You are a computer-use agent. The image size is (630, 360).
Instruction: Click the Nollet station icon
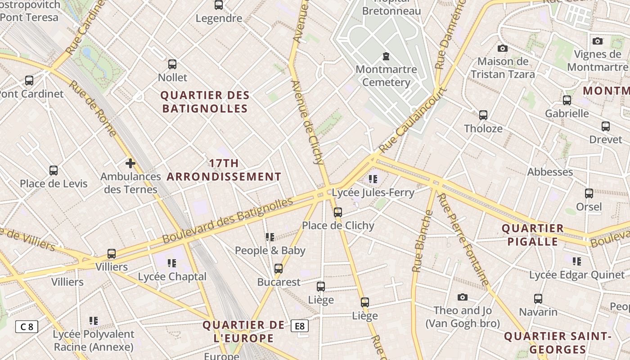[x=172, y=64]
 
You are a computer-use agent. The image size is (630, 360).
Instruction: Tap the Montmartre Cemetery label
[x=386, y=76]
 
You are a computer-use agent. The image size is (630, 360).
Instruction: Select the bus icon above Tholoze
[x=483, y=115]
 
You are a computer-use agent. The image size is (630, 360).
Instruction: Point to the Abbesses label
[x=550, y=172]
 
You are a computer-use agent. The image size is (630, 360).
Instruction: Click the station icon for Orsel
[x=589, y=193]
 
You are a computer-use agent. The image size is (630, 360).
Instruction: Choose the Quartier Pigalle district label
[x=533, y=235]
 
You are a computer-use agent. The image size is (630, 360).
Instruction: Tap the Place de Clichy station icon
[x=337, y=212]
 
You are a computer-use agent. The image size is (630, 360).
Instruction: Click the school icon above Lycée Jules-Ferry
[x=373, y=179]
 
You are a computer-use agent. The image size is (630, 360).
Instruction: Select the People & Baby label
[x=270, y=251]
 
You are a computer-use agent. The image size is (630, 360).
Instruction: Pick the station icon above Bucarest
[x=279, y=269]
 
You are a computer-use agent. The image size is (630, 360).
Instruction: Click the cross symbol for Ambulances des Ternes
[x=130, y=163]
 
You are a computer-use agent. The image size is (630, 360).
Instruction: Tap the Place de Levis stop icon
[x=54, y=171]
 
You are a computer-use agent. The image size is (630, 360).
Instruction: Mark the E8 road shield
[x=300, y=326]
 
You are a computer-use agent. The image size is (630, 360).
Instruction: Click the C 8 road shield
[x=27, y=326]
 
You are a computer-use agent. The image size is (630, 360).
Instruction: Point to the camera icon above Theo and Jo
[x=462, y=297]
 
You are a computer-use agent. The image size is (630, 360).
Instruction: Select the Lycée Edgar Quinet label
[x=571, y=275]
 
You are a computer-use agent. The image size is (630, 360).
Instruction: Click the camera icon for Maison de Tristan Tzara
[x=503, y=48]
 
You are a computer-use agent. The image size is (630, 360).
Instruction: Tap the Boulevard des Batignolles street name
[x=228, y=220]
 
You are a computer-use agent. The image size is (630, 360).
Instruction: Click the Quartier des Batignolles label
[x=205, y=102]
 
